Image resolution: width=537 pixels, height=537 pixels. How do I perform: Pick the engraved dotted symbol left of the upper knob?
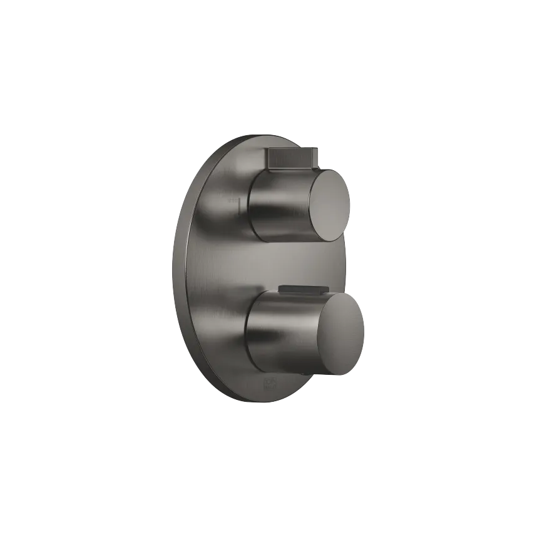[x=233, y=202]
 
